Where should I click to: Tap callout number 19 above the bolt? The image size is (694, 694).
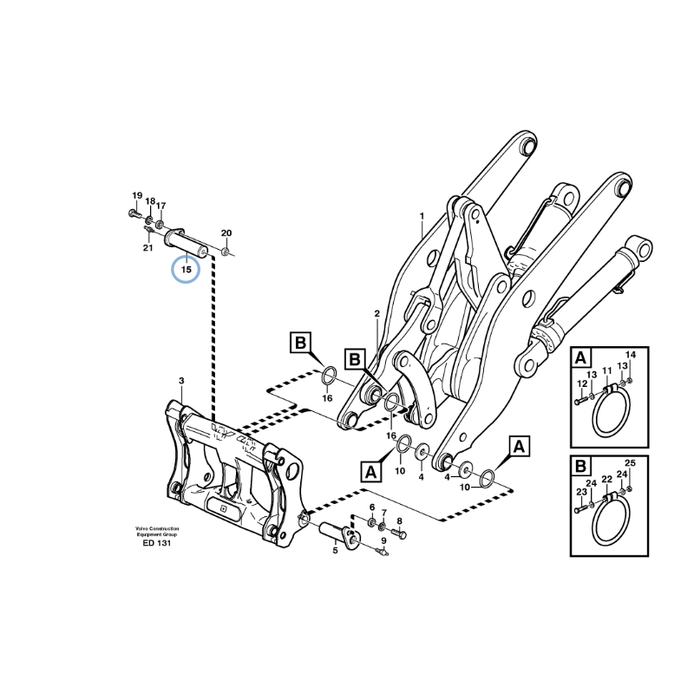pyautogui.click(x=136, y=195)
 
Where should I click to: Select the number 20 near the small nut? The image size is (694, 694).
pyautogui.click(x=226, y=233)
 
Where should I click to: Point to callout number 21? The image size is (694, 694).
pyautogui.click(x=148, y=248)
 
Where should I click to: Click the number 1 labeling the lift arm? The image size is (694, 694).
pyautogui.click(x=422, y=215)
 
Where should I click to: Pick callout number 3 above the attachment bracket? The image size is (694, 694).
pyautogui.click(x=181, y=380)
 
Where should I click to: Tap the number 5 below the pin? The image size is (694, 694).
pyautogui.click(x=336, y=548)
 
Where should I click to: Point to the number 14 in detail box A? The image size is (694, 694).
pyautogui.click(x=631, y=355)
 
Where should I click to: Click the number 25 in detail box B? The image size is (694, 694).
pyautogui.click(x=631, y=463)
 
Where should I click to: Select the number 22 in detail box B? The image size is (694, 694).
pyautogui.click(x=607, y=479)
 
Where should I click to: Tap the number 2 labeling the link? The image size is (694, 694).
pyautogui.click(x=377, y=313)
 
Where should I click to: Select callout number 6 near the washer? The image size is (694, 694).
pyautogui.click(x=372, y=507)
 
